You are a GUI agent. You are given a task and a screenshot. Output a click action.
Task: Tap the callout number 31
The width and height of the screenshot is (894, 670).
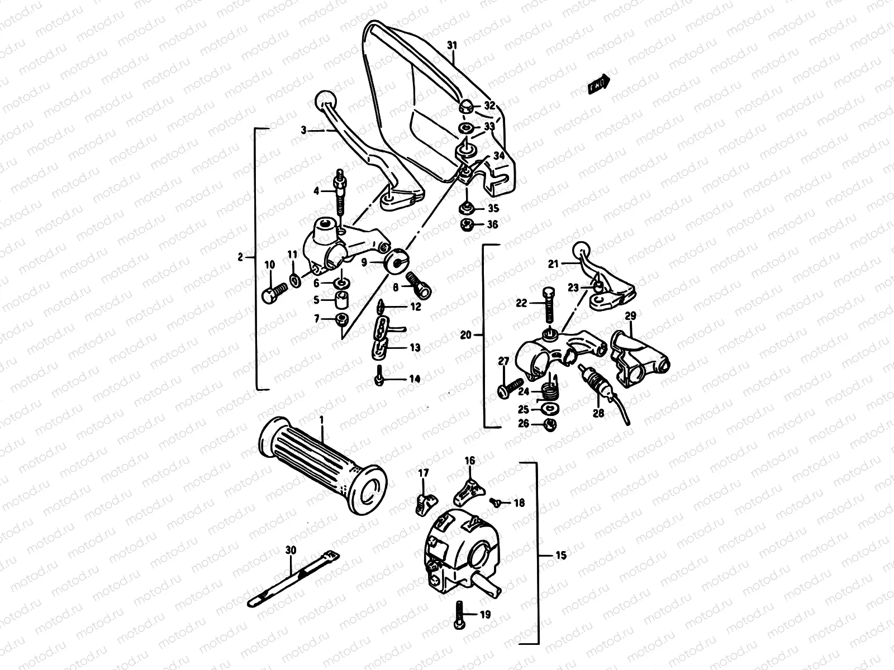452,45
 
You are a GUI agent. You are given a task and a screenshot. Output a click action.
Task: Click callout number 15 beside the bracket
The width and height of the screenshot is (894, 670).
561,555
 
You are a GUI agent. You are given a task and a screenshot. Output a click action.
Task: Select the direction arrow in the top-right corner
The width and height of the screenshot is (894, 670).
598,84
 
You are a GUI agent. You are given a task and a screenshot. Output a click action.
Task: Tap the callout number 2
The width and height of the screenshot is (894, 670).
240,257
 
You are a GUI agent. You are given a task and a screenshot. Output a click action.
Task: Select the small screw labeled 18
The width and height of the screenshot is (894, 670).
494,502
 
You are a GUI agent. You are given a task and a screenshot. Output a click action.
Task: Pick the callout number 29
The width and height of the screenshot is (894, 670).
630,317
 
